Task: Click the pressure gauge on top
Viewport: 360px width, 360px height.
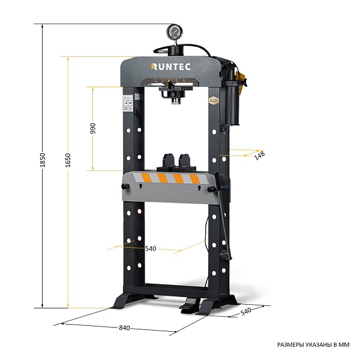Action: click(175, 32)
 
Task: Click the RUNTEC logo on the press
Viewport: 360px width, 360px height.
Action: click(170, 67)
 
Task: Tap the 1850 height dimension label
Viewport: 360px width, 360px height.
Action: click(43, 160)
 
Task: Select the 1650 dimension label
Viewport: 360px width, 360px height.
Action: click(68, 160)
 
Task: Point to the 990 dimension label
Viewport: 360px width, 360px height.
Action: click(93, 128)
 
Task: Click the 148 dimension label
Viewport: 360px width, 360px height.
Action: click(260, 155)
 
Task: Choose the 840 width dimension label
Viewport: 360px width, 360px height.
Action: click(124, 328)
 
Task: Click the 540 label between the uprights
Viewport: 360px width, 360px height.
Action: click(151, 248)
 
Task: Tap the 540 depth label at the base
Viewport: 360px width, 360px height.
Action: click(246, 311)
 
